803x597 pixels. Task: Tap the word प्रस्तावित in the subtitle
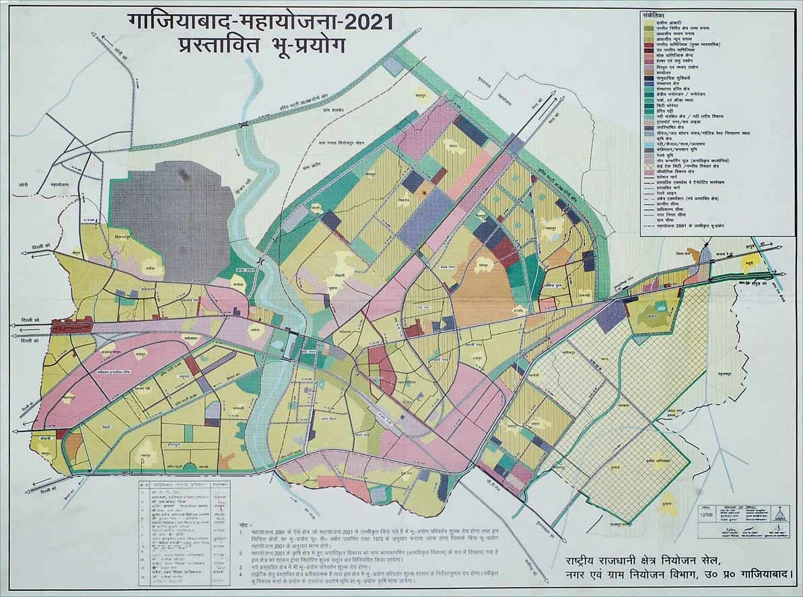tap(211, 50)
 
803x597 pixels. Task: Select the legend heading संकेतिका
tap(654, 13)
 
